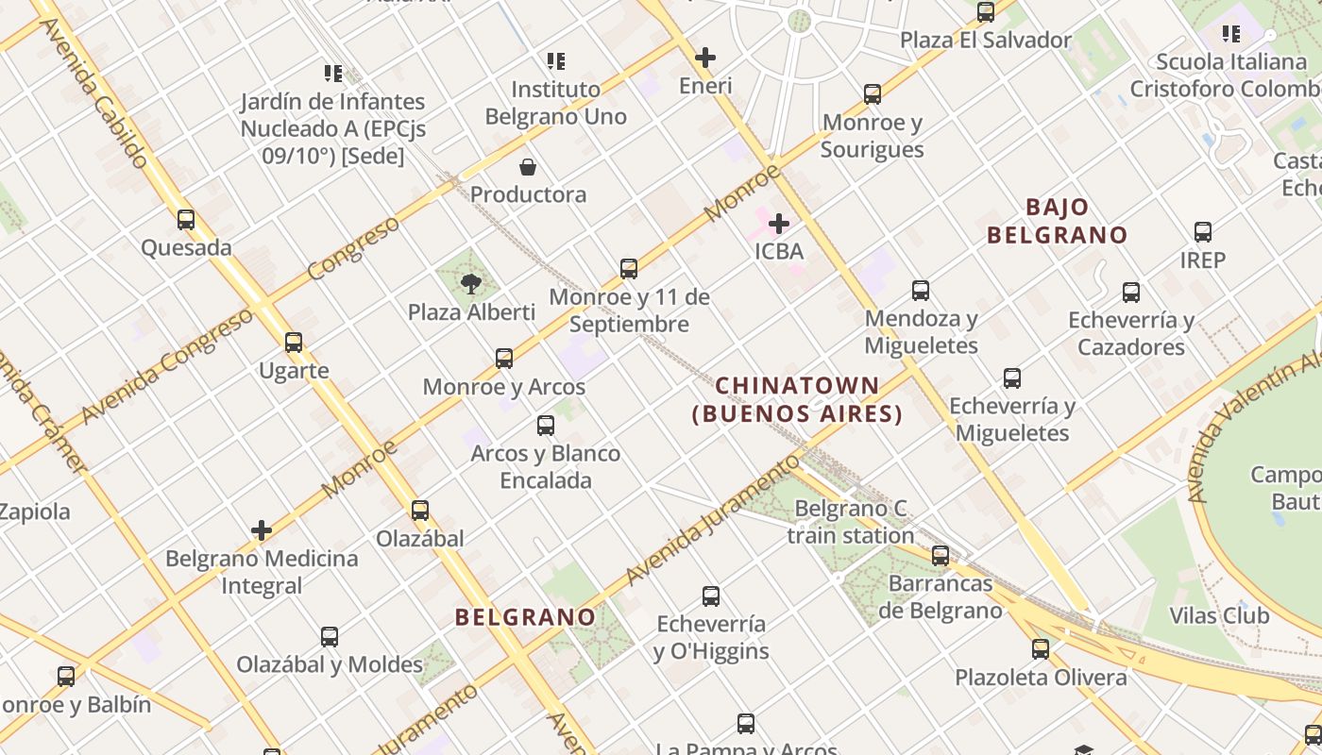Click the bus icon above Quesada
point(186,220)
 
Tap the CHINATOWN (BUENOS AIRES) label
point(798,399)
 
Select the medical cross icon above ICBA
point(779,224)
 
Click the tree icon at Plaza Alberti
point(470,283)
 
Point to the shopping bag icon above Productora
point(529,167)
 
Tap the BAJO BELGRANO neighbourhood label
point(1058,221)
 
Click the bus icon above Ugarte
point(294,343)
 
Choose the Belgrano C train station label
point(851,522)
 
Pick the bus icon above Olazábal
point(420,511)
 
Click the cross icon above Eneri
point(705,58)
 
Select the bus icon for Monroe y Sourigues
point(873,94)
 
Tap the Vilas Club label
point(1219,616)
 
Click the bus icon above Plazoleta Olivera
point(1041,649)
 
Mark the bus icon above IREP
point(1203,232)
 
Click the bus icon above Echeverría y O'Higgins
point(711,596)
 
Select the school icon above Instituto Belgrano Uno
point(556,61)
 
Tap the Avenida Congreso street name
point(168,365)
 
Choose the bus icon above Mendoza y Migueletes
point(921,291)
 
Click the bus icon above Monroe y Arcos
point(504,359)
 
